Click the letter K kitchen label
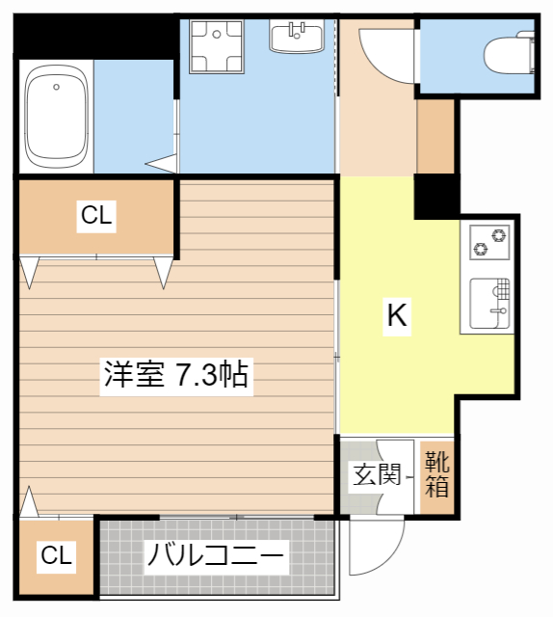pyautogui.click(x=396, y=315)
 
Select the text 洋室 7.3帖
pyautogui.click(x=176, y=374)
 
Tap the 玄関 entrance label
pyautogui.click(x=372, y=476)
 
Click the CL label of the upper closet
pyautogui.click(x=96, y=217)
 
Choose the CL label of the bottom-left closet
pyautogui.click(x=56, y=556)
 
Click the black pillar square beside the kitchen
pyautogui.click(x=436, y=196)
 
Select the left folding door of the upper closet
pyautogui.click(x=30, y=272)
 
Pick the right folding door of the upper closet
pyautogui.click(x=163, y=272)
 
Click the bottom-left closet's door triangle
pyautogui.click(x=29, y=501)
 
